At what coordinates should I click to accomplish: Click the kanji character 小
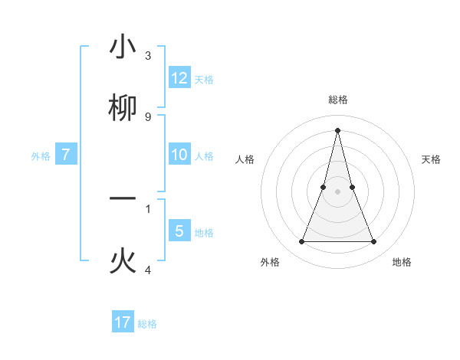coord(123,47)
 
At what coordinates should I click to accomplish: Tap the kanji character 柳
coord(123,108)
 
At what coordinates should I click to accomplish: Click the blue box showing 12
coord(179,78)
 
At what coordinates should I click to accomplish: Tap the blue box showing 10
coord(179,155)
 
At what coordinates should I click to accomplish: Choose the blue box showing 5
coord(179,231)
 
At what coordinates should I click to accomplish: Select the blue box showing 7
coord(66,155)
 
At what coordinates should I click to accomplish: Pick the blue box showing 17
coord(123,322)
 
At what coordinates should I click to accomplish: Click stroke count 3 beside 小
coord(148,56)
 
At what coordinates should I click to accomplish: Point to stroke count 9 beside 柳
coord(148,116)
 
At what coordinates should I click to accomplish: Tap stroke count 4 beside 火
coord(148,270)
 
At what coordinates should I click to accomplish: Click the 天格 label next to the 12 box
coord(204,79)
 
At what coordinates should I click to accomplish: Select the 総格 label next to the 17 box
coord(147,324)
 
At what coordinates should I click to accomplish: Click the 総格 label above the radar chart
coord(338,100)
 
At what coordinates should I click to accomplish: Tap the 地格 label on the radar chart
coord(402,262)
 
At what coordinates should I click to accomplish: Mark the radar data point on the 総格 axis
coord(337,129)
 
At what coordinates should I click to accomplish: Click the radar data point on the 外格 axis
coord(301,242)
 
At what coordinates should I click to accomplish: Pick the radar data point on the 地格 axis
coord(374,242)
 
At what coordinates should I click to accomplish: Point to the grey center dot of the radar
coord(337,191)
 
